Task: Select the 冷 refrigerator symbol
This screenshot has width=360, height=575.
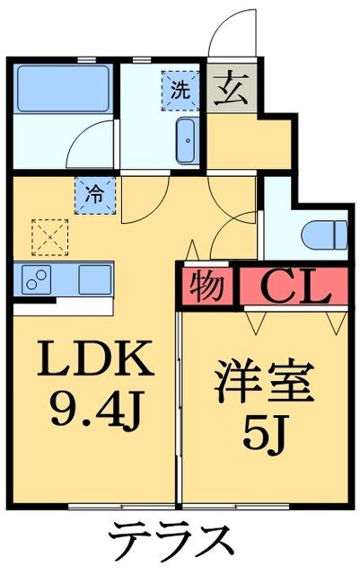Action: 93,191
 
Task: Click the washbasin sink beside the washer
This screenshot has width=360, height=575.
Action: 187,140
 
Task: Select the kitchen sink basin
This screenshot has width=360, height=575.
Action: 93,279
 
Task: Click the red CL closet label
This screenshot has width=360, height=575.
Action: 292,287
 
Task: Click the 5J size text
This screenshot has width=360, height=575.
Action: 265,438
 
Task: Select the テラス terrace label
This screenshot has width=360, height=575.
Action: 172,542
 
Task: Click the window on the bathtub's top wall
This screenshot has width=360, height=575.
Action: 87,59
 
